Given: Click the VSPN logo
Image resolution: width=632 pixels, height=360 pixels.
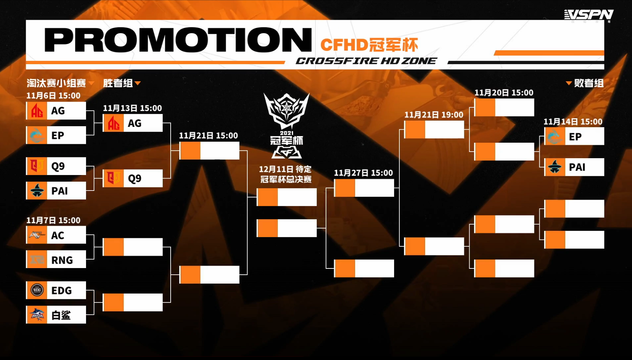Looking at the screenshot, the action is point(589,15).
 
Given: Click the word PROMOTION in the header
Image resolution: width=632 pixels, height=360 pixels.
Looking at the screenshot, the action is point(178,40).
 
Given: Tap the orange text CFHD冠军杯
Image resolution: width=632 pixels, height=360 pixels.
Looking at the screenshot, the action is point(369,45).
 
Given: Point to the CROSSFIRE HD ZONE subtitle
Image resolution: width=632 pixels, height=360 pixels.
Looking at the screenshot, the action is point(367,61).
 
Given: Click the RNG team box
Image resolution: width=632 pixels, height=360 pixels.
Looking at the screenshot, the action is point(56,260).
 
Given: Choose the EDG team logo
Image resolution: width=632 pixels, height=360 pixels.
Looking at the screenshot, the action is point(37,290).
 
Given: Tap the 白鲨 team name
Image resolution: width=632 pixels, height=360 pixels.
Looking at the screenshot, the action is point(61,315).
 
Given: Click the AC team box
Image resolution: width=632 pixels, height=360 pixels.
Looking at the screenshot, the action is point(56,235).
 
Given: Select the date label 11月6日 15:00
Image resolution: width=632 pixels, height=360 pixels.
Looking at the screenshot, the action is point(53,96).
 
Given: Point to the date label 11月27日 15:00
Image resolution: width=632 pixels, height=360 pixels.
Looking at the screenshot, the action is point(363,173).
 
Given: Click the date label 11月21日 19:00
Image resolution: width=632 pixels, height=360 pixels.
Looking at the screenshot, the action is point(434,115).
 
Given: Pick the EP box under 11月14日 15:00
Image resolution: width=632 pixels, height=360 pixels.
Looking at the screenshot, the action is point(574,136).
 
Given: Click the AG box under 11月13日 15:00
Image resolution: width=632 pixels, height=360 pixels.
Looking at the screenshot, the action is point(133,123).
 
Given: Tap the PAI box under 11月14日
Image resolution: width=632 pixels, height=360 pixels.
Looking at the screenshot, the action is point(574,167).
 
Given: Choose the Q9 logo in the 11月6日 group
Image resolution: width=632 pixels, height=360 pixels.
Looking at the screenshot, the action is point(37,166).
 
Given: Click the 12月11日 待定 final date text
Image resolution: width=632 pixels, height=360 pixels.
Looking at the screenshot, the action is point(285,169).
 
